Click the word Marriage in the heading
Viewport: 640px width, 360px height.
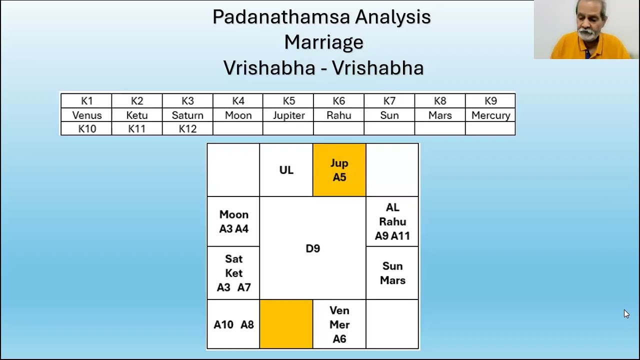pos(323,42)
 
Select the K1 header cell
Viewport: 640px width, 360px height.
pos(86,101)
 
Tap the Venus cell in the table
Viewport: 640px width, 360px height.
pos(86,115)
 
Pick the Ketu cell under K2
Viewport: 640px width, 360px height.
pos(137,115)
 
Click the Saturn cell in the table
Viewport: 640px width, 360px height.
pos(187,115)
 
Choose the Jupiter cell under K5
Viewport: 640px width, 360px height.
pos(288,115)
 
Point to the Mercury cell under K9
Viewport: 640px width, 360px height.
pos(490,115)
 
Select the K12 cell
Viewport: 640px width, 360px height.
pos(187,129)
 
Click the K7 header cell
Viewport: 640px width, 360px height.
pos(389,101)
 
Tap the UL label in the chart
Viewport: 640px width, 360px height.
pos(286,170)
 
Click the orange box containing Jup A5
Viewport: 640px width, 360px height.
pos(339,170)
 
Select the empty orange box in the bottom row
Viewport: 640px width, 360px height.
pos(286,324)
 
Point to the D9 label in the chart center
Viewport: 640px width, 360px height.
pos(312,248)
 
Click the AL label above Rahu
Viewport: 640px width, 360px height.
pos(392,207)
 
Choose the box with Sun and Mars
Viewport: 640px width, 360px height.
pos(392,273)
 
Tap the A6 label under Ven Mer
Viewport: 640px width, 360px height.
pos(339,339)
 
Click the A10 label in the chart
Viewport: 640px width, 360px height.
pos(223,325)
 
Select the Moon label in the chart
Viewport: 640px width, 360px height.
pos(233,214)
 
